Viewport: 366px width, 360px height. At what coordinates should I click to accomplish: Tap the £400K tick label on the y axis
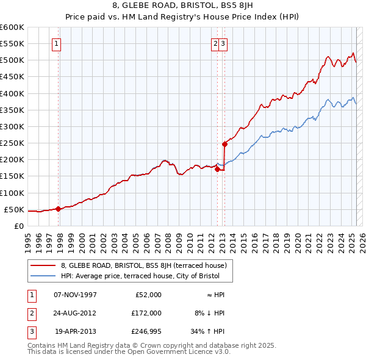click(12, 93)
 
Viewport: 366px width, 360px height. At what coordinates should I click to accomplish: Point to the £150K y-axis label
click(12, 176)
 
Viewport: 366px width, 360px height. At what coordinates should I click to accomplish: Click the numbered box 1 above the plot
click(56, 43)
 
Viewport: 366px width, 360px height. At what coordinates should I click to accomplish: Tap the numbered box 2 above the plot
click(216, 43)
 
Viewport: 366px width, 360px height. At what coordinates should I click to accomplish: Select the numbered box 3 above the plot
click(224, 43)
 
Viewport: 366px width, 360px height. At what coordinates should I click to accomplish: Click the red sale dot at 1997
click(58, 209)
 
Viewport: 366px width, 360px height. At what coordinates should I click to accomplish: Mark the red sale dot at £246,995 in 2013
click(224, 145)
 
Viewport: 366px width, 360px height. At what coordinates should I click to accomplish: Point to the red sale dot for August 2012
click(217, 170)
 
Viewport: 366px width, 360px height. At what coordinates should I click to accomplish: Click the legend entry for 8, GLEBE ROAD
click(143, 265)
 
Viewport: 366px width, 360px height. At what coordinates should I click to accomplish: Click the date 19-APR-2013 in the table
click(75, 333)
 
